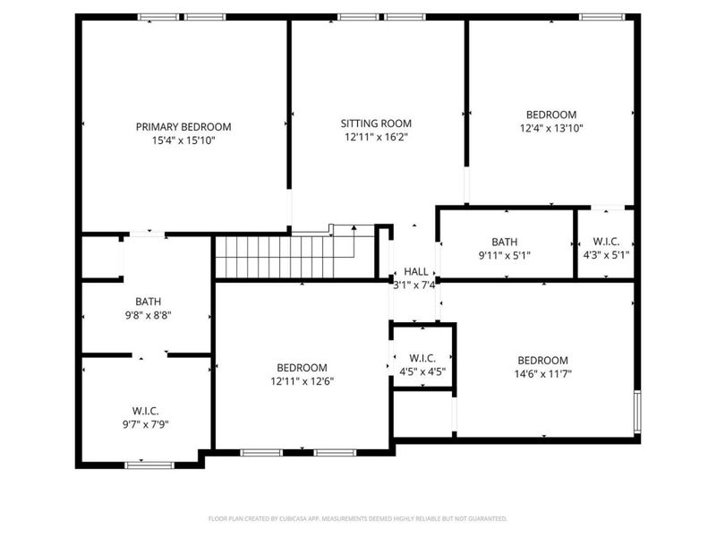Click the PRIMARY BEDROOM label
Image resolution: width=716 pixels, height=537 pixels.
[x=183, y=126]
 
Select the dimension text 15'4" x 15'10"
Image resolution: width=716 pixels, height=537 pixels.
[x=183, y=141]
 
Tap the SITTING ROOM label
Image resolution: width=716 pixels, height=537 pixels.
[x=376, y=124]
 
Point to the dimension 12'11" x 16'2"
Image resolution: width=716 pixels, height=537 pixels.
[x=376, y=137]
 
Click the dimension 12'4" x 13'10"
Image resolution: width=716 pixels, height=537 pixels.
[x=551, y=128]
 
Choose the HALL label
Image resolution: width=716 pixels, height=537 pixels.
[x=416, y=272]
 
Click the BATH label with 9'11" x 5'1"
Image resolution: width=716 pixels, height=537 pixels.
[x=505, y=242]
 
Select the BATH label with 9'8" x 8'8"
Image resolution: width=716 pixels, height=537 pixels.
[x=148, y=302]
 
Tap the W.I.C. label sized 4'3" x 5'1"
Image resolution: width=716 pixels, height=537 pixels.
[x=606, y=242]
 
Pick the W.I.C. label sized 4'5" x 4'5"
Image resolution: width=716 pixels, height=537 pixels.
[x=422, y=358]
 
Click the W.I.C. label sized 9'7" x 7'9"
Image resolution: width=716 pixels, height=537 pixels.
[x=146, y=411]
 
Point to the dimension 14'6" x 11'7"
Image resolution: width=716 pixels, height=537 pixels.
[x=543, y=374]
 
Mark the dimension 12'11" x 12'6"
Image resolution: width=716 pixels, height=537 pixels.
[x=303, y=381]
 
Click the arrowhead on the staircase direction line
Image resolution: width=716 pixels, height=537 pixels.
[x=354, y=227]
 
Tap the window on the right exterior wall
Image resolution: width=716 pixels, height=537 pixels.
[x=637, y=412]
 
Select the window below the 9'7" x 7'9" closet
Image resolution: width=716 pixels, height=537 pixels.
[x=149, y=465]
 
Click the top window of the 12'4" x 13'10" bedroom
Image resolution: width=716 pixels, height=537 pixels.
[x=601, y=17]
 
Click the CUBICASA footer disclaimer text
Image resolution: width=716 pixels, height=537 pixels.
[x=357, y=519]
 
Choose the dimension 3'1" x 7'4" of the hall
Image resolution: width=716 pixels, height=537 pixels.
[x=414, y=286]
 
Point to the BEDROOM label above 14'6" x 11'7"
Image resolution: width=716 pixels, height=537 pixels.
[x=543, y=361]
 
